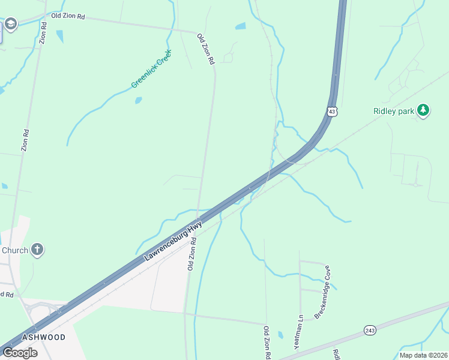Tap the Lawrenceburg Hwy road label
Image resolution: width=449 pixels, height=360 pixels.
point(172,242)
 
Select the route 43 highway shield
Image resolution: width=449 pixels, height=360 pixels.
point(333,111)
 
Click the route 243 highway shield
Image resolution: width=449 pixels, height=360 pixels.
point(370,331)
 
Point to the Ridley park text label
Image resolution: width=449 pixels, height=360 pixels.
point(394,111)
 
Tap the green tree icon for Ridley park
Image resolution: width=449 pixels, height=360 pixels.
point(424,110)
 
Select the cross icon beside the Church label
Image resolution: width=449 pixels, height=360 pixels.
point(37,250)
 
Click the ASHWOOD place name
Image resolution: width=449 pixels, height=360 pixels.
point(43,337)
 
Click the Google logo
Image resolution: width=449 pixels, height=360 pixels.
point(20,353)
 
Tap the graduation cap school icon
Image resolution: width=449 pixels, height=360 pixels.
point(10,24)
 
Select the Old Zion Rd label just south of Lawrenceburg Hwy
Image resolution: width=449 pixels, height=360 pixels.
point(191,253)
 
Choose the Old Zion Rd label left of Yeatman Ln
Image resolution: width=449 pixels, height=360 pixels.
point(266,342)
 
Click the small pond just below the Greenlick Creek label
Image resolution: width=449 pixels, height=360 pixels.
point(139,100)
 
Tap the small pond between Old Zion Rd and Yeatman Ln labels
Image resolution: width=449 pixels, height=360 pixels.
point(280,334)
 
